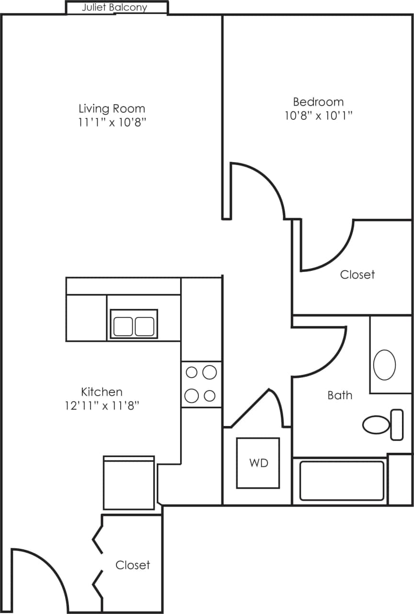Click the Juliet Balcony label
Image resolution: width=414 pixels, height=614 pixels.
(x=115, y=8)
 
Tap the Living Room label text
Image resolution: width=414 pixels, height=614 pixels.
(x=112, y=108)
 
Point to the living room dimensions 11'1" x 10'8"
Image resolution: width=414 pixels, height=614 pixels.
(x=112, y=122)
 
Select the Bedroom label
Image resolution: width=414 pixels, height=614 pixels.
(x=318, y=102)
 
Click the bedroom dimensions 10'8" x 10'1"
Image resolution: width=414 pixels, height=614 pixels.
(x=318, y=116)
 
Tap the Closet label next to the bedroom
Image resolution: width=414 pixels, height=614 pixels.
(x=357, y=274)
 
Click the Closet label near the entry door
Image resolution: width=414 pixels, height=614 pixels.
(x=133, y=565)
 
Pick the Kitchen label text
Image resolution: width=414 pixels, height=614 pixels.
(x=102, y=392)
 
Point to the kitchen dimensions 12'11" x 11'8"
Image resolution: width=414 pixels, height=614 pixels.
(x=102, y=406)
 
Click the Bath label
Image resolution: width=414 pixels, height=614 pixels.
(x=340, y=395)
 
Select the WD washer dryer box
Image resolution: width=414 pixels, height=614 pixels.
(x=258, y=463)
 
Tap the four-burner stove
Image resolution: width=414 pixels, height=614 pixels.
(x=201, y=384)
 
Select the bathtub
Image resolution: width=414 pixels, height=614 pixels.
(x=342, y=480)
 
